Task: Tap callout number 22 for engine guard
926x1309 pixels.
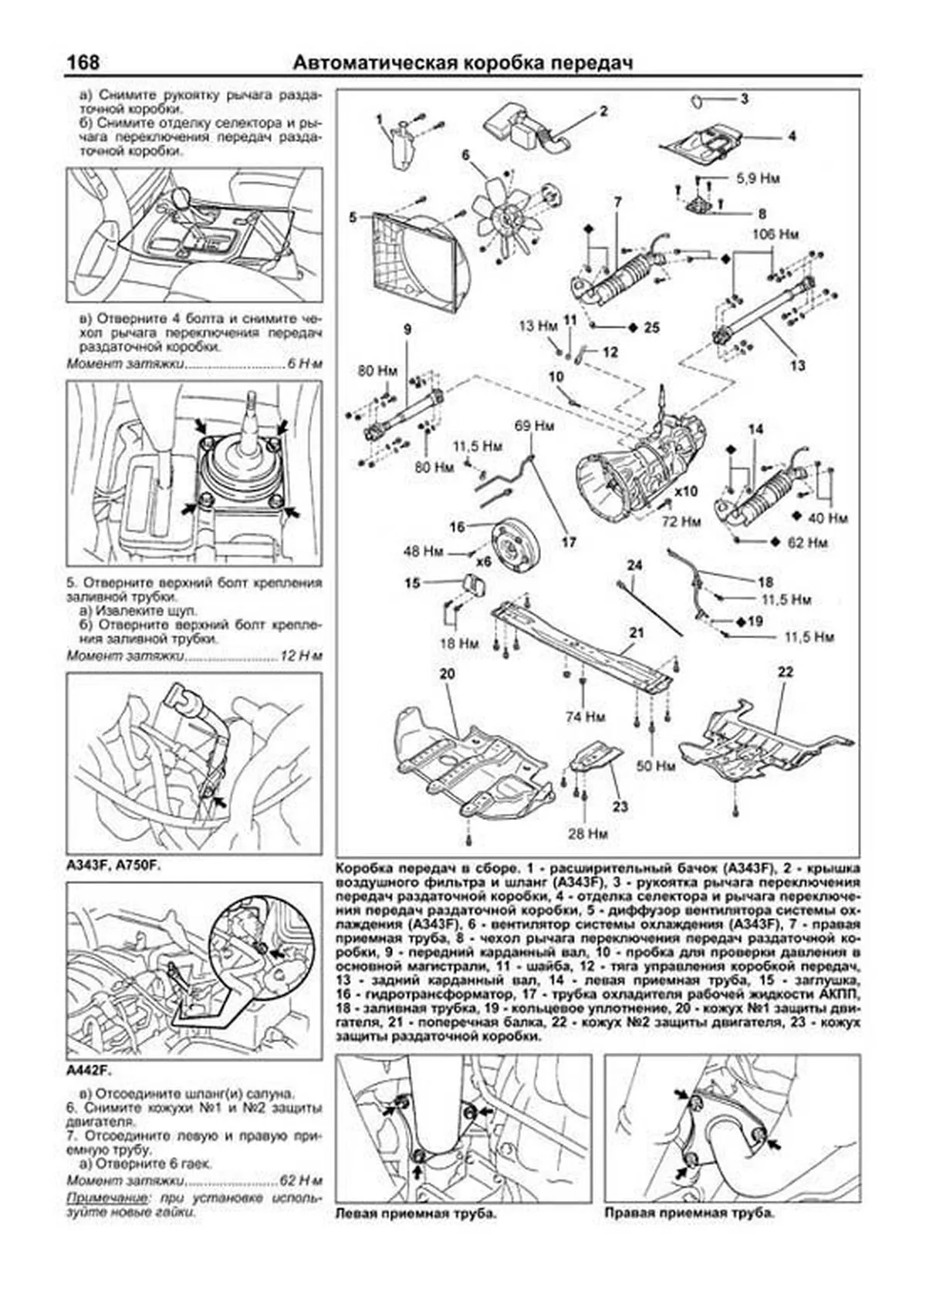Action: coord(785,672)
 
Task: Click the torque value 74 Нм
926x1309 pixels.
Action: coord(585,716)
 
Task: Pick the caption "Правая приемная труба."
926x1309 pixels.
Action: coord(688,1214)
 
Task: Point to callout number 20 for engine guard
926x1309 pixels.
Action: coord(447,673)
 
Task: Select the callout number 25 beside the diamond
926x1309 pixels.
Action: coord(652,328)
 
